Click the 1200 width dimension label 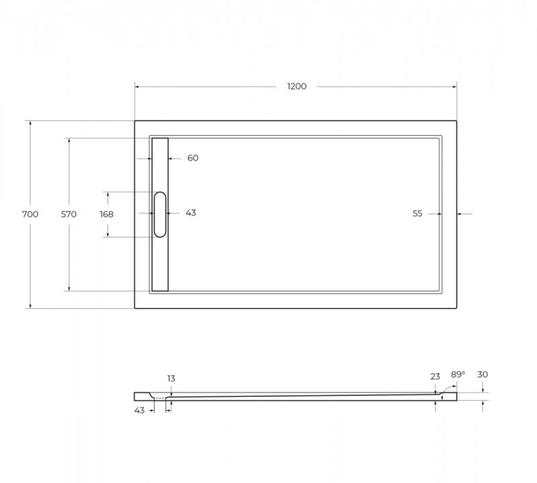[x=296, y=86]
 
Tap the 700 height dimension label [x=30, y=214]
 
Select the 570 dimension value [x=68, y=214]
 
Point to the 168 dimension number [x=106, y=214]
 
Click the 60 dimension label [x=193, y=158]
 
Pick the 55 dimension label [x=417, y=214]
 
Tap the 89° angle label [x=458, y=375]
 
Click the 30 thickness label [x=482, y=375]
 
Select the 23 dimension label [x=435, y=377]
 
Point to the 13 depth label [x=171, y=378]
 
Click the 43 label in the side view [x=139, y=411]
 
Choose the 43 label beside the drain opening [x=191, y=213]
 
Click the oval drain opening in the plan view [x=160, y=214]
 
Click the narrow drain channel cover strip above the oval [x=160, y=164]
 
